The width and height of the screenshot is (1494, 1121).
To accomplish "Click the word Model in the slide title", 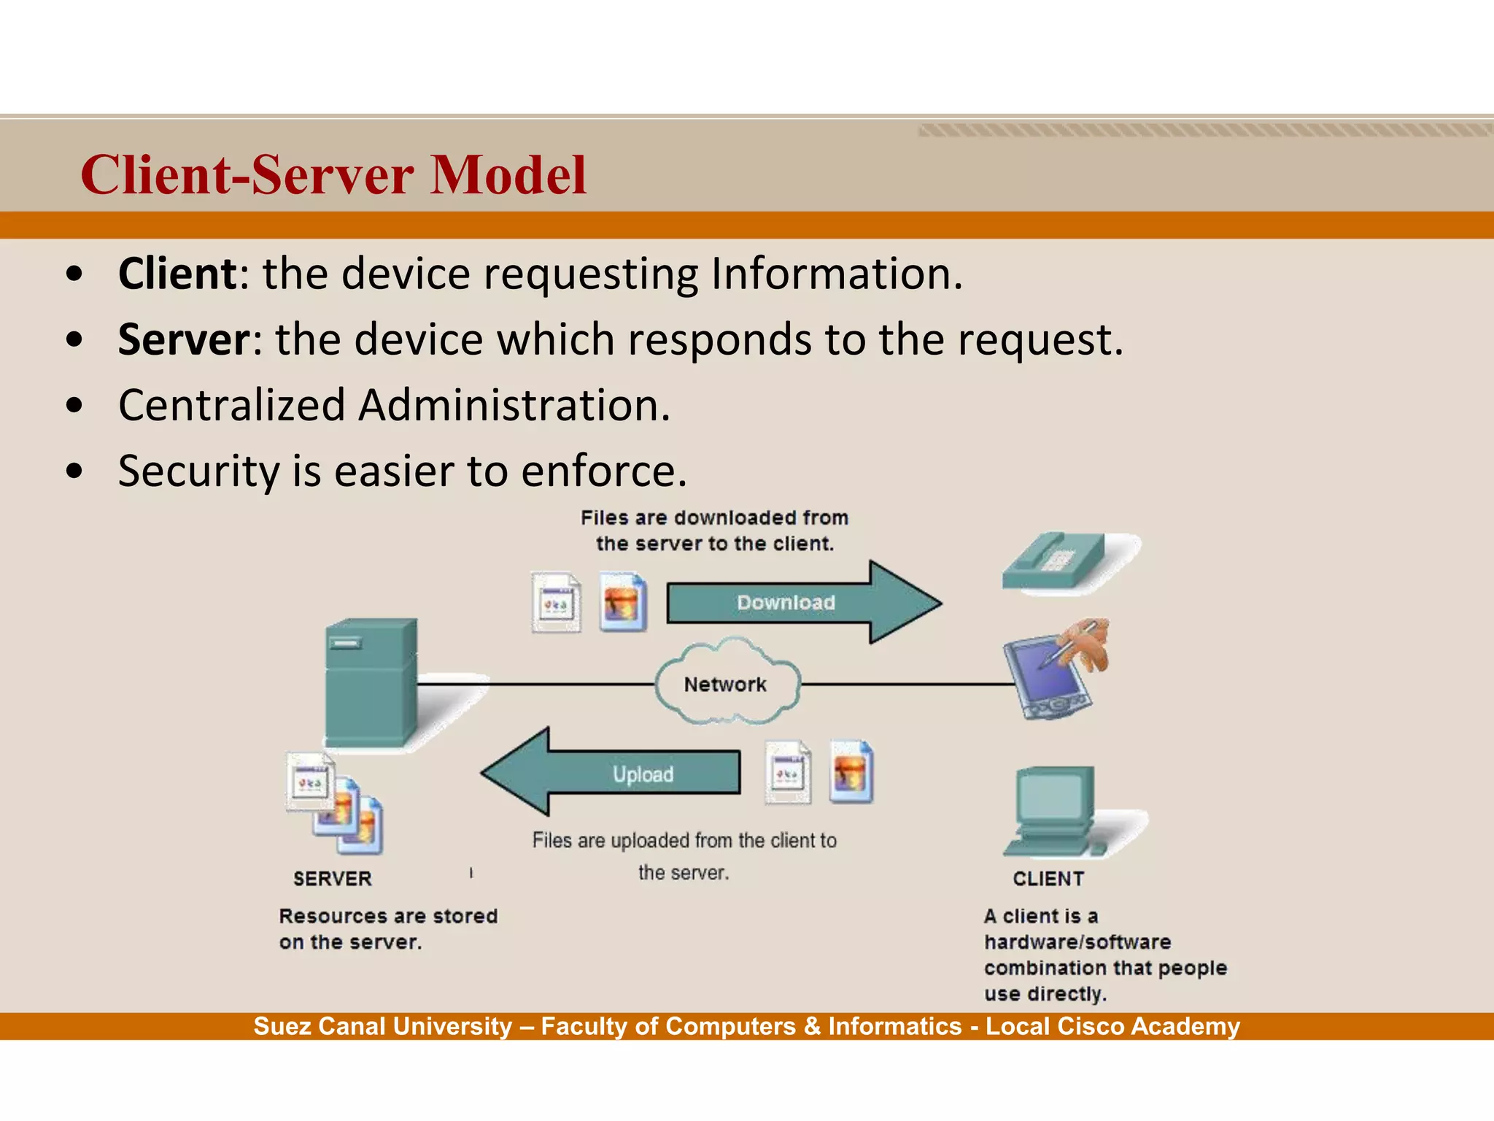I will pyautogui.click(x=508, y=175).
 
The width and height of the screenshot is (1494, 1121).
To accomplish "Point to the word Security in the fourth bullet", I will pyautogui.click(x=198, y=471).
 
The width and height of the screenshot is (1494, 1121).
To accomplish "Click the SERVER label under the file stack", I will pyautogui.click(x=333, y=879).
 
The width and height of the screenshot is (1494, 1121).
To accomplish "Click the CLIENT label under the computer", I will pyautogui.click(x=1048, y=879).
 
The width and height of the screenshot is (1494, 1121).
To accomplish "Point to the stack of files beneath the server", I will pyautogui.click(x=334, y=803).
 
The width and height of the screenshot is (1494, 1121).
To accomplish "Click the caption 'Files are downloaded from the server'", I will pyautogui.click(x=715, y=531).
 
